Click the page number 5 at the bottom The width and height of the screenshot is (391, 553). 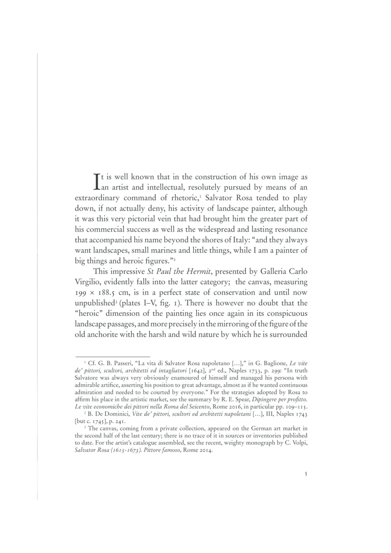306,475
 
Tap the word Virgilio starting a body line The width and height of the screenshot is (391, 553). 89,282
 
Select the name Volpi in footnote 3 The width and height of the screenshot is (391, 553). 299,443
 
